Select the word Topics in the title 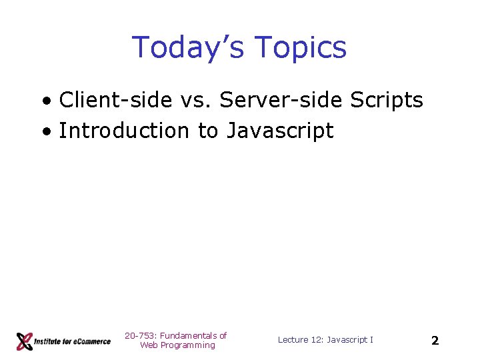(x=301, y=48)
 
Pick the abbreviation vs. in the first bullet (x=195, y=100)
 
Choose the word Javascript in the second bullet (x=280, y=131)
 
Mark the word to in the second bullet (x=207, y=131)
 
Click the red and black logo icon (x=25, y=341)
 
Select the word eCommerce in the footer (x=91, y=341)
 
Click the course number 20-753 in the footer (x=139, y=335)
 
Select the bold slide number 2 (x=435, y=341)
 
